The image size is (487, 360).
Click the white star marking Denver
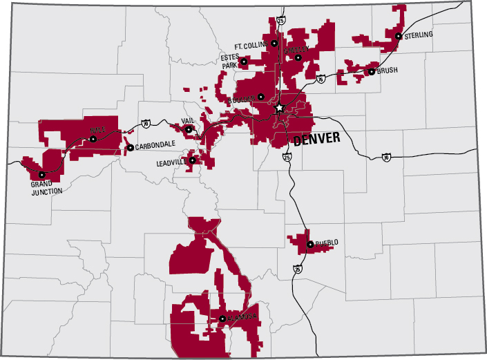pos(279,108)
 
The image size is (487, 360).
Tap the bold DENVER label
pos(316,140)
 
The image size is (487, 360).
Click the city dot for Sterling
pos(399,36)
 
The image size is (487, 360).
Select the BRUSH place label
pos(388,70)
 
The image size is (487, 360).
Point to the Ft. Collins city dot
pos(274,44)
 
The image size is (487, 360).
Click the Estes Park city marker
pos(244,62)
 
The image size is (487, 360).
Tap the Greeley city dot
pos(298,57)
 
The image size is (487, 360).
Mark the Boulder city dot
pos(261,97)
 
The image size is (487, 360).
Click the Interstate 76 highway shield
pos(321,80)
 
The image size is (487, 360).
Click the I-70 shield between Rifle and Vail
pos(145,124)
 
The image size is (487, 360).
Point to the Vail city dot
pos(189,129)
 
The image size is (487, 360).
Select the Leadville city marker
pos(193,161)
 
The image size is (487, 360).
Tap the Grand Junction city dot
pos(41,175)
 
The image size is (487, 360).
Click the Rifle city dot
pos(93,139)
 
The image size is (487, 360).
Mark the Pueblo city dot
pos(309,243)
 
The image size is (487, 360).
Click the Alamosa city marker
pos(222,319)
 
